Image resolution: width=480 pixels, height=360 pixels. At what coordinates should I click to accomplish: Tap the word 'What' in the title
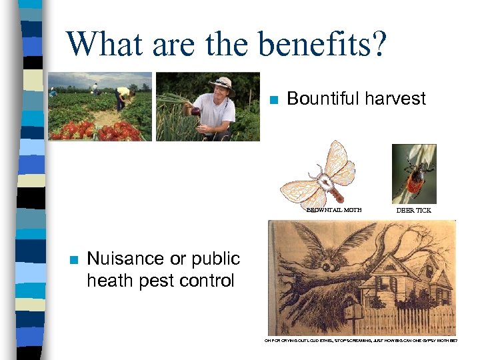click(x=107, y=44)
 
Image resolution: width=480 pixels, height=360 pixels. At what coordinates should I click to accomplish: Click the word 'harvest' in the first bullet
click(x=393, y=99)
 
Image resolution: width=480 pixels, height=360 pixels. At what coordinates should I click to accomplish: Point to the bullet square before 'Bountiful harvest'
click(x=273, y=101)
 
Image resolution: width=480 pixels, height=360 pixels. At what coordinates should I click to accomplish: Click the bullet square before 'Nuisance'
click(x=73, y=260)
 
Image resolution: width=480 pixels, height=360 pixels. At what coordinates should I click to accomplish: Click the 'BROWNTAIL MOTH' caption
click(x=333, y=210)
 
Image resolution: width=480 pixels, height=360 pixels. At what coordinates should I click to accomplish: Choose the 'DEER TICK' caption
click(x=414, y=210)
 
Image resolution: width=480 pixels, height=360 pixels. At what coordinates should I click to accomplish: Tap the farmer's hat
click(x=221, y=83)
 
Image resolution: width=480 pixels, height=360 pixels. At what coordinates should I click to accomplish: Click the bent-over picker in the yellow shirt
click(x=123, y=95)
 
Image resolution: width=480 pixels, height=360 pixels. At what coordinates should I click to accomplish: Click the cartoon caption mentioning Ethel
click(x=361, y=340)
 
